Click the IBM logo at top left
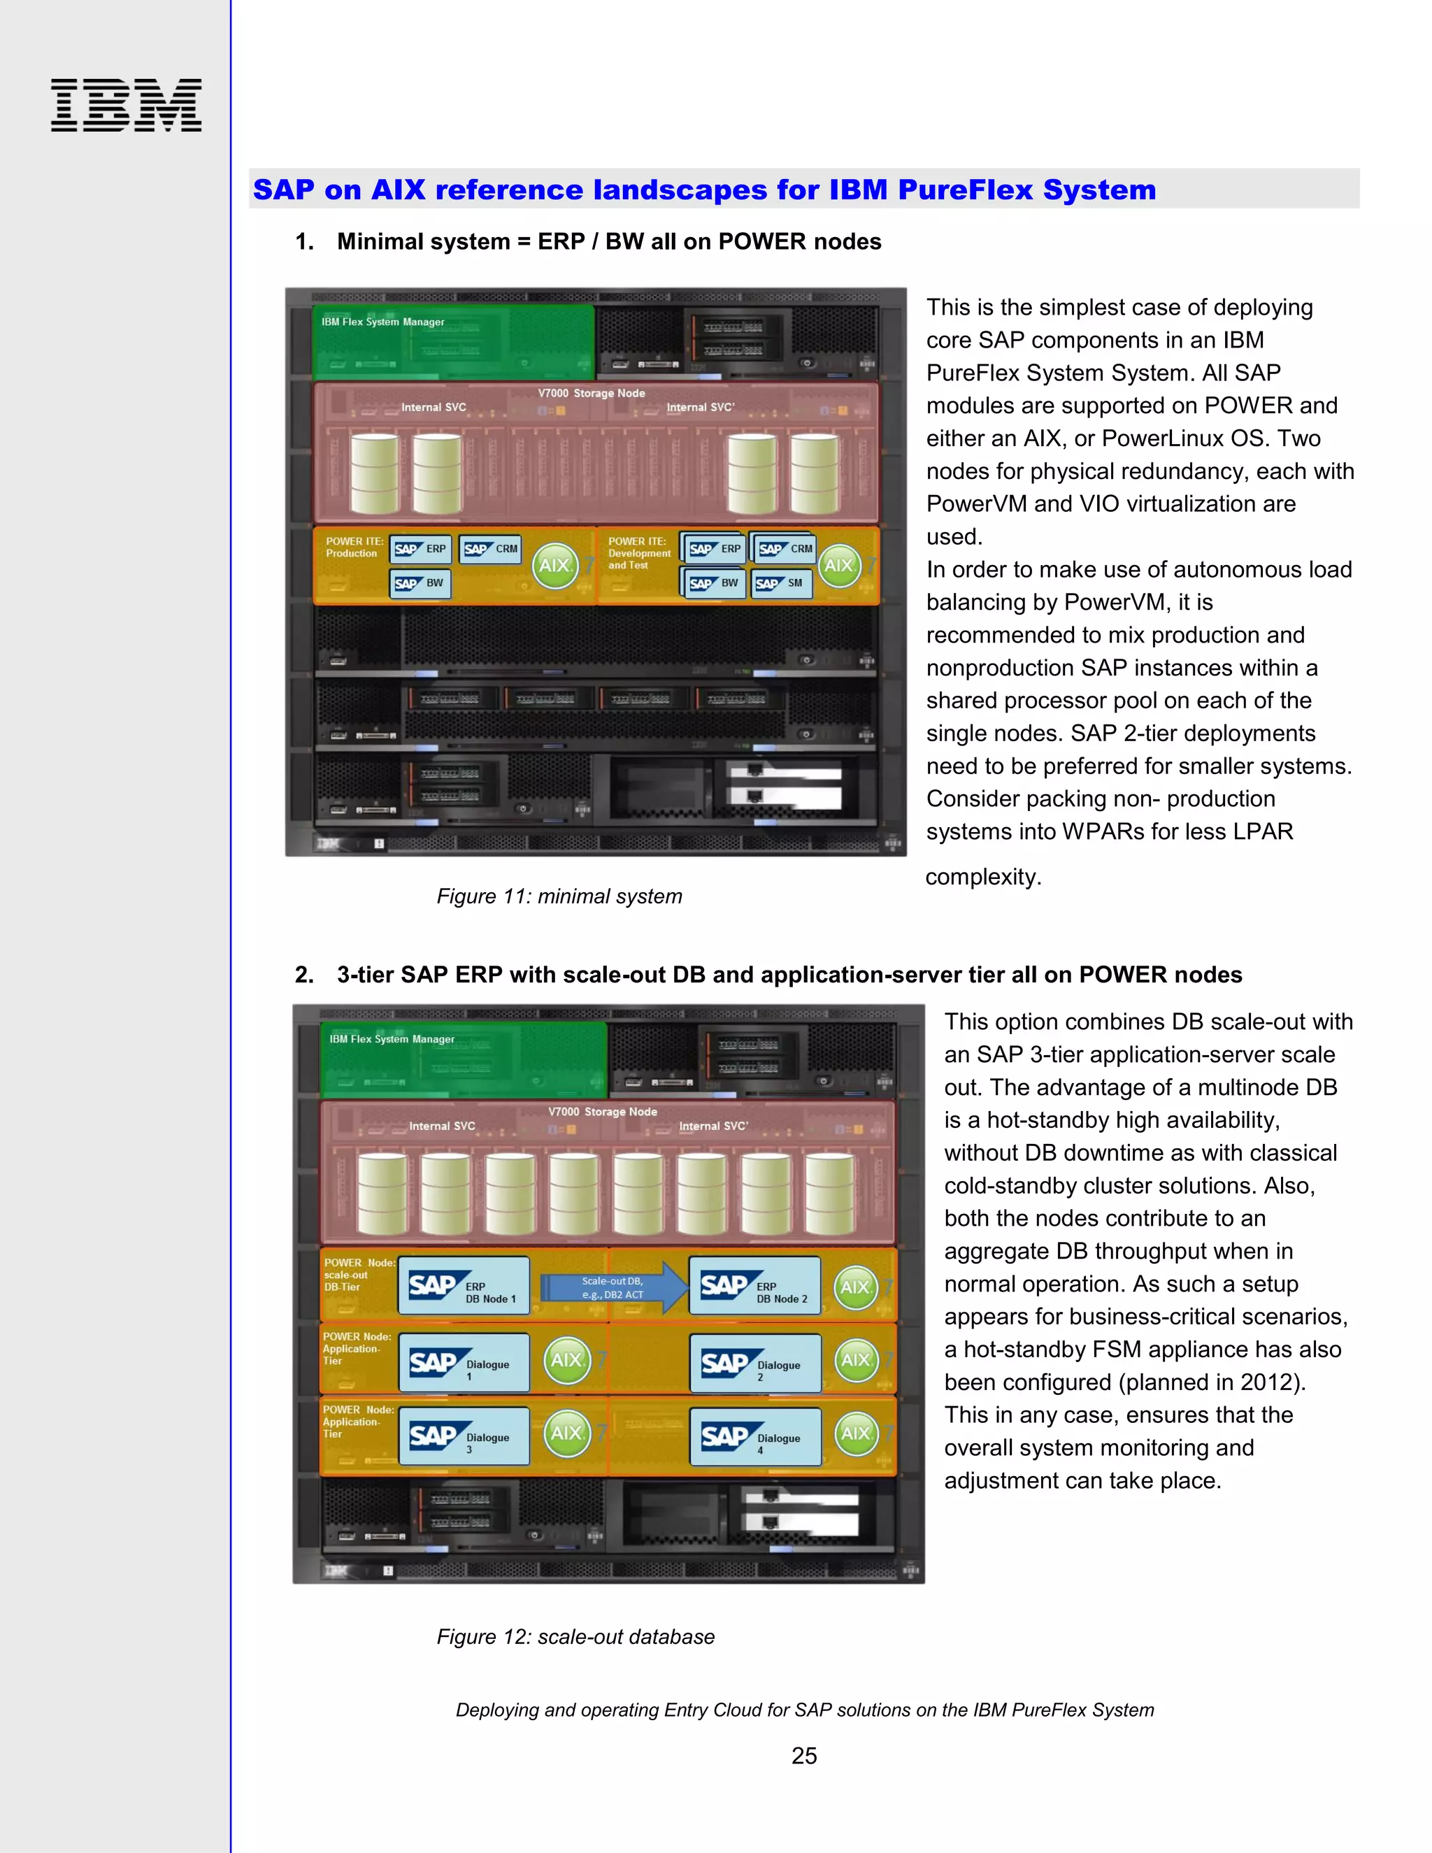(127, 105)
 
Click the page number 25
(803, 1755)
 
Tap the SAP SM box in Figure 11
(781, 583)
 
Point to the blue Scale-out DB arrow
(614, 1288)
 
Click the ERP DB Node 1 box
(463, 1286)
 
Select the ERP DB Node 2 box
(754, 1286)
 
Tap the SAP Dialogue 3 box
(463, 1436)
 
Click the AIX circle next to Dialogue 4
(856, 1433)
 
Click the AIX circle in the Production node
(554, 566)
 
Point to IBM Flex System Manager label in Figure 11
(382, 322)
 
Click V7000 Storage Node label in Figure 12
(602, 1112)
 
